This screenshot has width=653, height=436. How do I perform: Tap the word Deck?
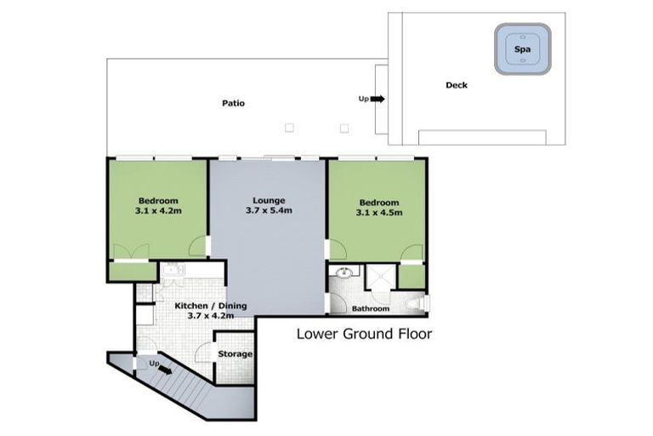coord(456,85)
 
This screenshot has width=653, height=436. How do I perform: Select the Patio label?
coord(234,103)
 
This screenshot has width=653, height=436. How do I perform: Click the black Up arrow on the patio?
coord(377,99)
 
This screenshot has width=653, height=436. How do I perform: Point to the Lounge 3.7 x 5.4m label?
coord(269,205)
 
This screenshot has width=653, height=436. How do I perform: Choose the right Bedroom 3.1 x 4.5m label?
coord(378,207)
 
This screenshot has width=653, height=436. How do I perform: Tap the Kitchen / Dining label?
coord(210,310)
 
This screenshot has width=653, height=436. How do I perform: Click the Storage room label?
coord(236,353)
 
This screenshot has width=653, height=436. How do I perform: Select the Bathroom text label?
coord(371,308)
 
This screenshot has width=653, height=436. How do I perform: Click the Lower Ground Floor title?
coord(363,334)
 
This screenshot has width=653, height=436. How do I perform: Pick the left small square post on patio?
coord(289,128)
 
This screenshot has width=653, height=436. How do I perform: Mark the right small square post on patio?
coord(344,128)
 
